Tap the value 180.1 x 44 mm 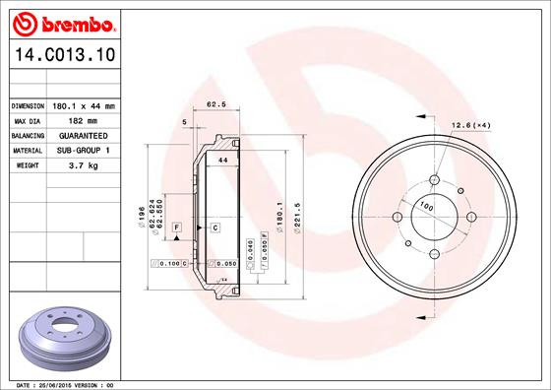84,105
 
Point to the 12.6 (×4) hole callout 471,124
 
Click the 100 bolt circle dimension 426,206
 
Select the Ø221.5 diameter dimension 296,217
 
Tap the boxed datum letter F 177,228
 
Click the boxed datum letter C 214,228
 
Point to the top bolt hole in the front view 434,180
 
